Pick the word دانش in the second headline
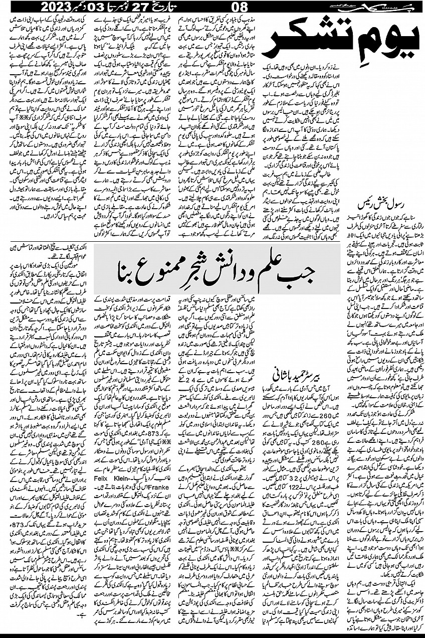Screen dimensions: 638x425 click(223, 275)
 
